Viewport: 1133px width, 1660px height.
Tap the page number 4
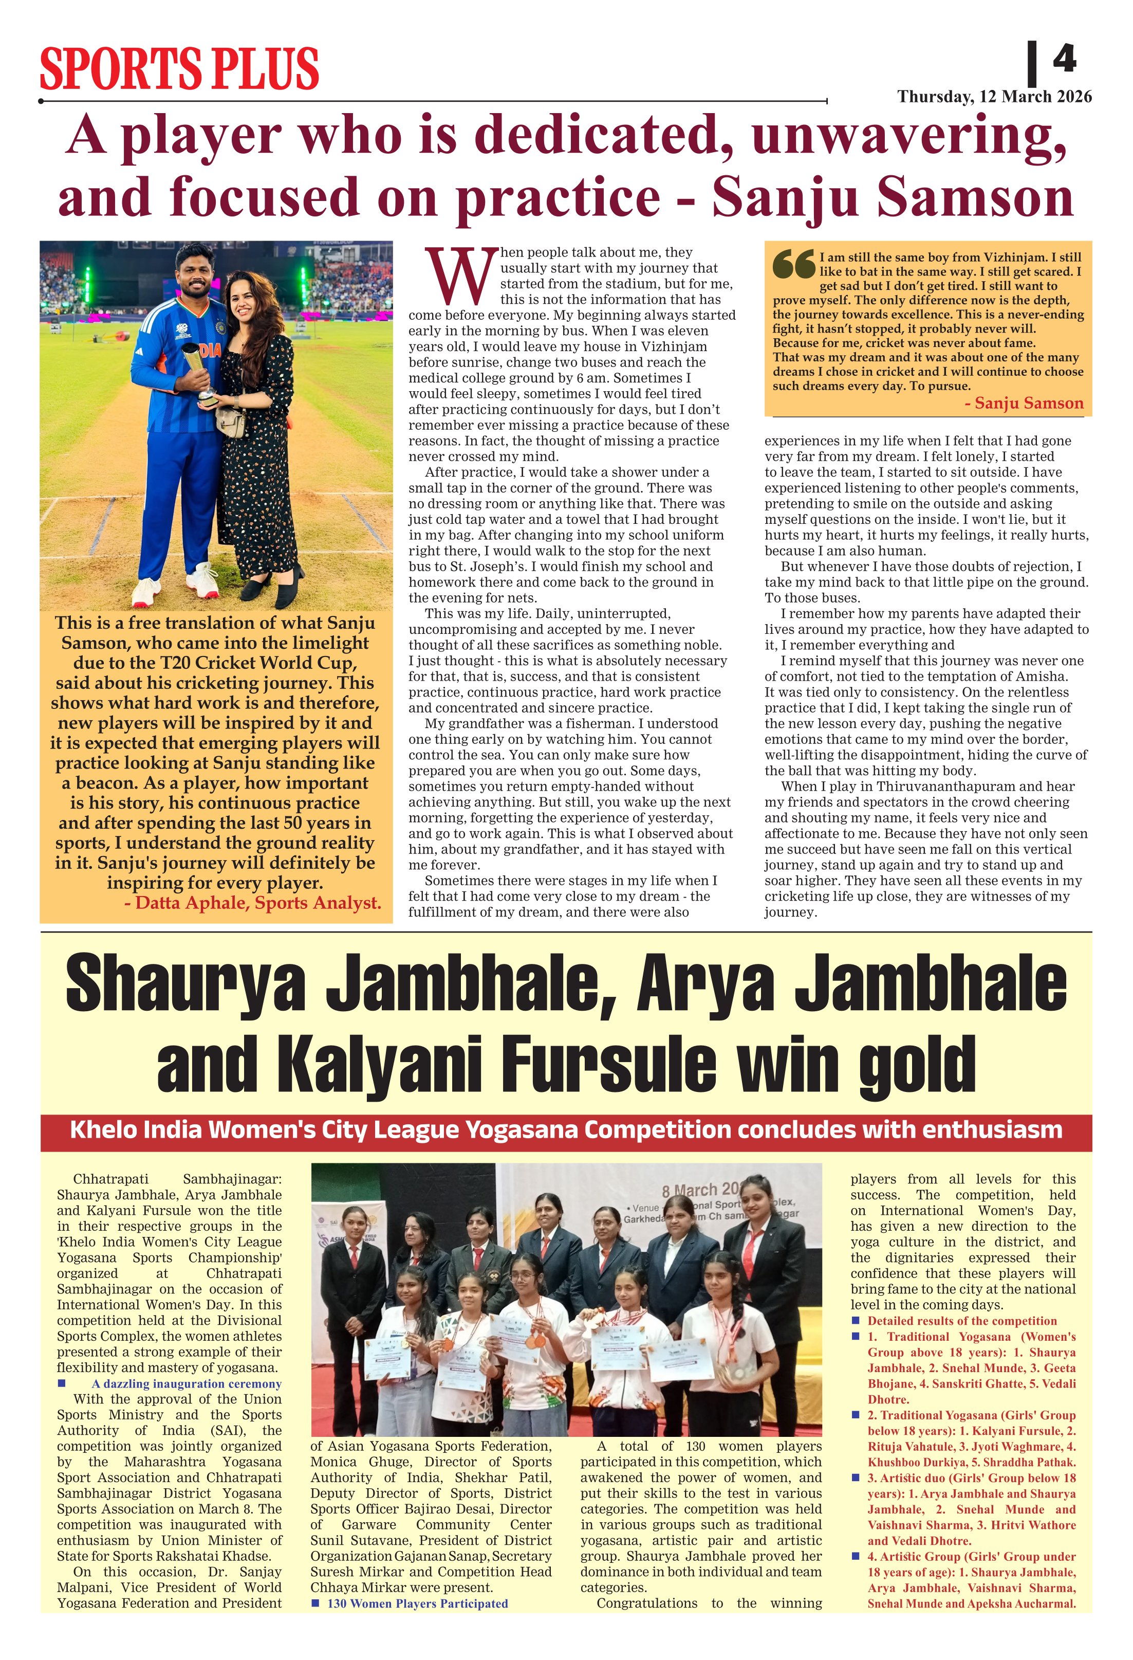(x=1064, y=59)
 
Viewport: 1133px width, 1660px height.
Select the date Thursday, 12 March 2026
(x=994, y=97)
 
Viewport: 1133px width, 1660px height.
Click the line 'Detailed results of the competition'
(x=962, y=1321)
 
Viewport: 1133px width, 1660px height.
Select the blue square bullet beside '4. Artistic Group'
(x=856, y=1557)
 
